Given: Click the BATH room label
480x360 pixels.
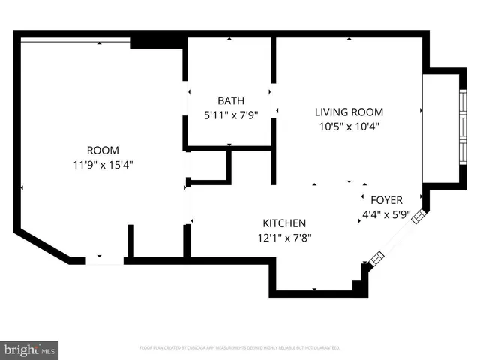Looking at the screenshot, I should (x=230, y=101).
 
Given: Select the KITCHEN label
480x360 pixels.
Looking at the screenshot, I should (x=284, y=223).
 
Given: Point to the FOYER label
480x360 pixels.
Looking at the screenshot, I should (x=387, y=200).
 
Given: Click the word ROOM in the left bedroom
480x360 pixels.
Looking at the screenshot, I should (x=103, y=150).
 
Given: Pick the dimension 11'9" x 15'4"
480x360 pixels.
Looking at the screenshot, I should (x=103, y=163).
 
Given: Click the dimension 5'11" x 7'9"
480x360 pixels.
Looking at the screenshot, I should (x=230, y=115).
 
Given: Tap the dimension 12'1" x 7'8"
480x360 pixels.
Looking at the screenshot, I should (x=284, y=238).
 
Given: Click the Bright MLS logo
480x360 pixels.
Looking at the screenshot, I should (x=30, y=349).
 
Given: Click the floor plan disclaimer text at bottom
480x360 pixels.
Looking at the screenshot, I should (x=240, y=348).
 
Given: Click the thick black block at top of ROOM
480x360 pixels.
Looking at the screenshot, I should (x=157, y=42).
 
